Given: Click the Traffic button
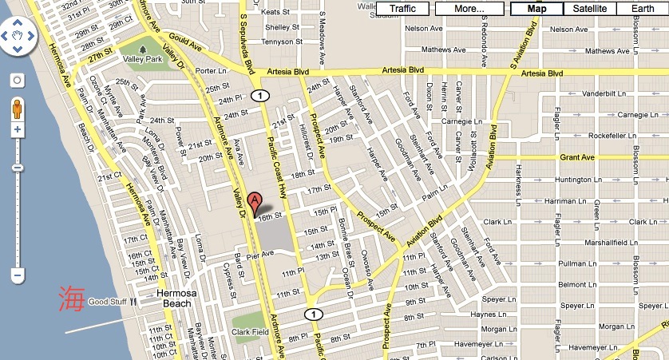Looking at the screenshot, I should click(403, 9).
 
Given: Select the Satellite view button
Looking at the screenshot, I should click(589, 9).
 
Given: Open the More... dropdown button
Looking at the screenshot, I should click(470, 9).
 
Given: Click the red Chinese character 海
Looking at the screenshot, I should click(69, 300).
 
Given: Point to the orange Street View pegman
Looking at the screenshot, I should click(17, 109).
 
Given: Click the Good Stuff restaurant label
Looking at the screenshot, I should click(108, 302).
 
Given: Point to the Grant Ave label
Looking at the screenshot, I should click(577, 157).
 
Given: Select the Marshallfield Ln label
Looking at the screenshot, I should click(586, 243).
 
